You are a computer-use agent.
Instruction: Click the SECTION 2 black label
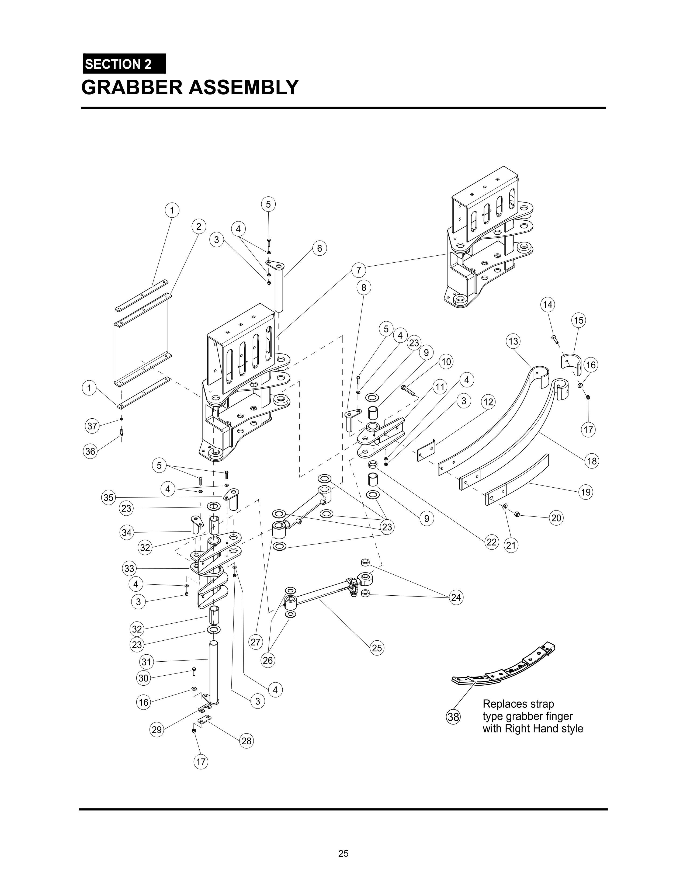pyautogui.click(x=124, y=64)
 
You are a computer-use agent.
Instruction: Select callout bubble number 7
pyautogui.click(x=359, y=270)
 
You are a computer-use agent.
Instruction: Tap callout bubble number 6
pyautogui.click(x=320, y=248)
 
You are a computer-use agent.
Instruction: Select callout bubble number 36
pyautogui.click(x=90, y=451)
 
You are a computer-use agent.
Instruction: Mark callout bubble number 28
pyautogui.click(x=247, y=740)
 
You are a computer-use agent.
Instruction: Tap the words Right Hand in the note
pyautogui.click(x=528, y=728)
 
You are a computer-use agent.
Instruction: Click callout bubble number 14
pyautogui.click(x=548, y=304)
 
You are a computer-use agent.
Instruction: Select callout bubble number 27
pyautogui.click(x=255, y=642)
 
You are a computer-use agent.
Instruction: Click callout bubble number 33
pyautogui.click(x=129, y=568)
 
